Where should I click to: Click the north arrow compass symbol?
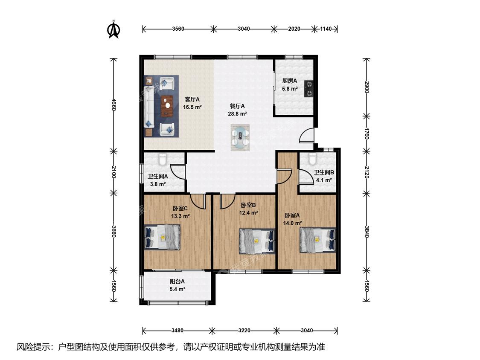pyautogui.click(x=113, y=29)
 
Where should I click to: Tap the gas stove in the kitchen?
pyautogui.click(x=308, y=88)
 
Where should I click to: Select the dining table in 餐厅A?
pyautogui.click(x=240, y=137)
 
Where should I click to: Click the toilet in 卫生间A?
pyautogui.click(x=162, y=159)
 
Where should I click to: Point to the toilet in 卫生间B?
pyautogui.click(x=312, y=159)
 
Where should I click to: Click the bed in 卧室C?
pyautogui.click(x=162, y=238)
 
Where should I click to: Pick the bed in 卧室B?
pyautogui.click(x=257, y=241)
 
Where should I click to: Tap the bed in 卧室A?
pyautogui.click(x=317, y=240)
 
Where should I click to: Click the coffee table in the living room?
pyautogui.click(x=167, y=106)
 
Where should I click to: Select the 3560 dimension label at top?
pyautogui.click(x=178, y=29)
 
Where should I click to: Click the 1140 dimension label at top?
pyautogui.click(x=326, y=29)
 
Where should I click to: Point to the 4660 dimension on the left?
pyautogui.click(x=113, y=105)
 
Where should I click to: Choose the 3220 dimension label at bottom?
pyautogui.click(x=244, y=331)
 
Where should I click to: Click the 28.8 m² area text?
pyautogui.click(x=237, y=114)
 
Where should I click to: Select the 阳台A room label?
pyautogui.click(x=177, y=282)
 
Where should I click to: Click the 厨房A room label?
pyautogui.click(x=290, y=81)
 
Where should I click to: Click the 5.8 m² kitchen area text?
pyautogui.click(x=290, y=89)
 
